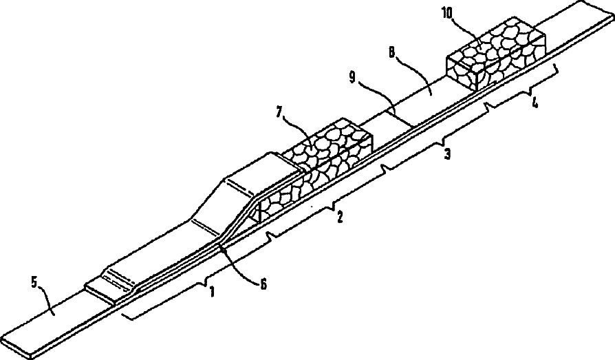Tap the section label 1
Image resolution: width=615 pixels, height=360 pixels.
[213, 291]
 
